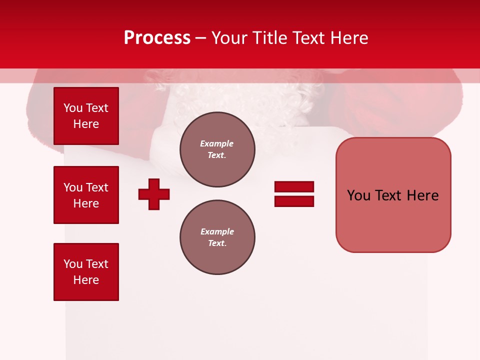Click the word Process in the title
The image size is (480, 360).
point(157,38)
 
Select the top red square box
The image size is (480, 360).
point(86,116)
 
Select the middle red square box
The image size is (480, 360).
point(86,195)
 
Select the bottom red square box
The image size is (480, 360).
point(86,272)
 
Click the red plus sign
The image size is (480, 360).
point(154,194)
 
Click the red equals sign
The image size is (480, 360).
point(294,194)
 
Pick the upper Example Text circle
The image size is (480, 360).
point(217,149)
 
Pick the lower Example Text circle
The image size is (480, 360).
point(217,237)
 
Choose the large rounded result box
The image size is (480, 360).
point(393,195)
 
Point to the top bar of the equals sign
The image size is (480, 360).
point(294,186)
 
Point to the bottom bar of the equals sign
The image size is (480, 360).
point(294,201)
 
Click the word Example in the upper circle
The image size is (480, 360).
point(217,143)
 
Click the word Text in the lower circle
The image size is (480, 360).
point(217,243)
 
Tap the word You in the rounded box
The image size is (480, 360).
point(358,195)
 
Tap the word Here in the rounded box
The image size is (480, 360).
point(422,195)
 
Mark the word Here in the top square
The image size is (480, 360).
point(86,124)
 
